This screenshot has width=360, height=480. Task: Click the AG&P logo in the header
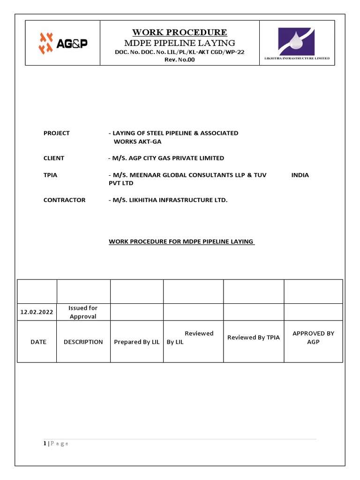coord(63,43)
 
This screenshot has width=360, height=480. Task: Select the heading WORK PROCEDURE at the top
coord(180,32)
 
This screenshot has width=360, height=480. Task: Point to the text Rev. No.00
coord(180,60)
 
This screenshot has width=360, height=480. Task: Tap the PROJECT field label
coord(56,133)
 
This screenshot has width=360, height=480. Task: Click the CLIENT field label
coord(54,158)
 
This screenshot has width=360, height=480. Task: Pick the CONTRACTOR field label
coord(64,200)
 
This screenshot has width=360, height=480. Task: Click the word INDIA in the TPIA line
coord(300,175)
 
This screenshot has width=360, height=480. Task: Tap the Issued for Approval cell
coord(83,312)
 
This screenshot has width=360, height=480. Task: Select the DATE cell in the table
coord(38,342)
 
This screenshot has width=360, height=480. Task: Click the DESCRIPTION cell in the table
coord(83,342)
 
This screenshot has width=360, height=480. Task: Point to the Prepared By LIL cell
coord(137,342)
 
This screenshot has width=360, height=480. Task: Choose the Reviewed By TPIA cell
coord(253,337)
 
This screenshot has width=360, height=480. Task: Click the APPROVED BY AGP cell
coord(313,337)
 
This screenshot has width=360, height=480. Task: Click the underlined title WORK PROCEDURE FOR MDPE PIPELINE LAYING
coord(181,241)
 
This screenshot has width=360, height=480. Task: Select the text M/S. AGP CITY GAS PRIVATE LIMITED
coord(168,158)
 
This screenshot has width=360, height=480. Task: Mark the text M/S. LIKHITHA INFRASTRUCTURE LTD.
coord(170,200)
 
